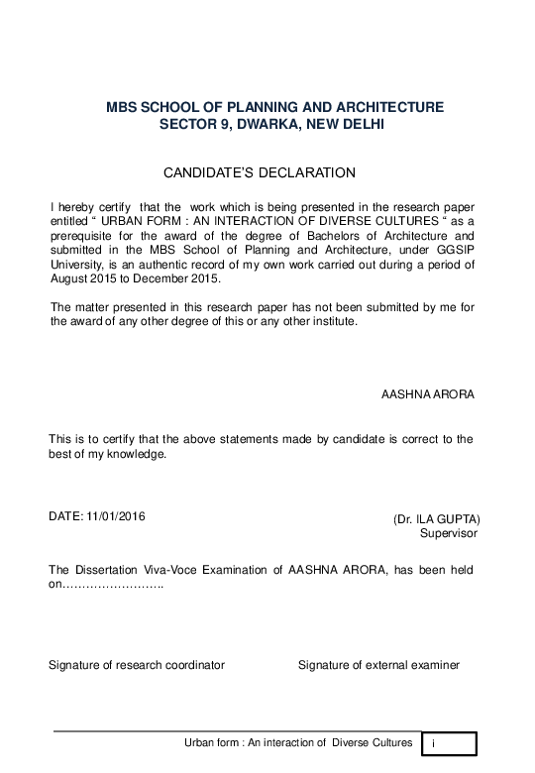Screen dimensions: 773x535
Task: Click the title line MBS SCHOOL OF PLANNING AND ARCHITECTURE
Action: [x=274, y=107]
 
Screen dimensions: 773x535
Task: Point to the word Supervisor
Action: [x=449, y=533]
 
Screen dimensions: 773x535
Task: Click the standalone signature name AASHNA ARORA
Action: [x=428, y=394]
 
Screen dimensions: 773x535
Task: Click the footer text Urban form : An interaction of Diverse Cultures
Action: [x=298, y=742]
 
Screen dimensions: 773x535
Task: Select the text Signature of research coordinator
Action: [x=137, y=664]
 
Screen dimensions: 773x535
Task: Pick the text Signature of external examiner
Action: [x=378, y=664]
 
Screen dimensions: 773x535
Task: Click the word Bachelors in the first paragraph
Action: [x=336, y=236]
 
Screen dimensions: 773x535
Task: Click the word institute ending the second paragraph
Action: [x=332, y=322]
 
